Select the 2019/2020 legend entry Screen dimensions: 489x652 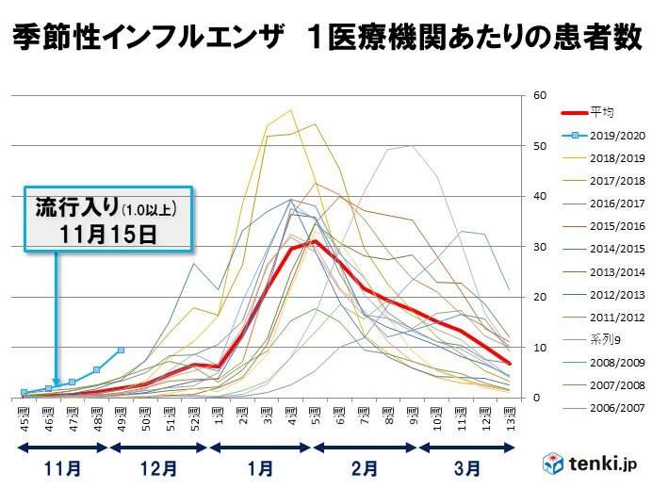[x=608, y=135]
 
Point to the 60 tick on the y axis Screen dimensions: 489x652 [x=540, y=95]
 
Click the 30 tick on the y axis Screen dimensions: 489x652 [x=540, y=247]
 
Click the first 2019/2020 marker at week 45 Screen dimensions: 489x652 [x=24, y=392]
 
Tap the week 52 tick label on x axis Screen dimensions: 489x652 [x=195, y=411]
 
